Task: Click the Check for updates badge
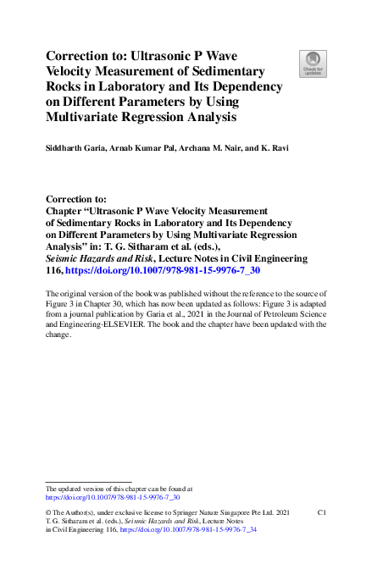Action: pyautogui.click(x=313, y=63)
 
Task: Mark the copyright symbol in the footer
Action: pyautogui.click(x=48, y=513)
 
